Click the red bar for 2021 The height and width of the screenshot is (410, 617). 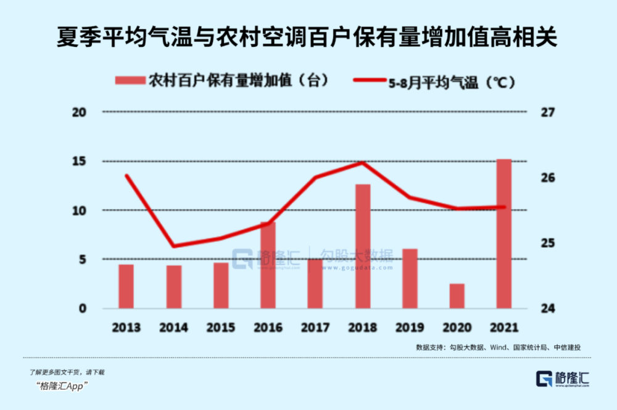click(504, 234)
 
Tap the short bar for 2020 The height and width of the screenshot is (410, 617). click(457, 296)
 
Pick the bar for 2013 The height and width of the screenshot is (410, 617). click(126, 286)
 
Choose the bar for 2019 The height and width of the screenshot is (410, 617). click(410, 278)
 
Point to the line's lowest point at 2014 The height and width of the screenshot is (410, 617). click(173, 246)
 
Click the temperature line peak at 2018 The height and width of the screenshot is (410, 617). click(363, 163)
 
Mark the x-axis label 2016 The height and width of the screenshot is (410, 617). click(268, 327)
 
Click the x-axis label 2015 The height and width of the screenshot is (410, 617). click(220, 327)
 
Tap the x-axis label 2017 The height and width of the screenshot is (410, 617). click(315, 327)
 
